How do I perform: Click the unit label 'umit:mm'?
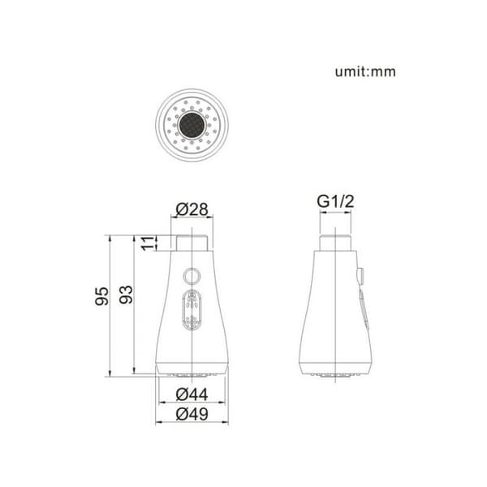click(365, 71)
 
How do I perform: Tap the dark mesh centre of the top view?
click(192, 125)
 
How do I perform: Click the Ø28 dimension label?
click(192, 209)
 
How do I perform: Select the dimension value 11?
click(149, 243)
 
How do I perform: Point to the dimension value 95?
click(102, 296)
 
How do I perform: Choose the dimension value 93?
click(126, 295)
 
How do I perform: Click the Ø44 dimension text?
click(192, 394)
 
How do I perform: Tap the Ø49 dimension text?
click(192, 414)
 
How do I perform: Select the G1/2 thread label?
click(335, 201)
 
